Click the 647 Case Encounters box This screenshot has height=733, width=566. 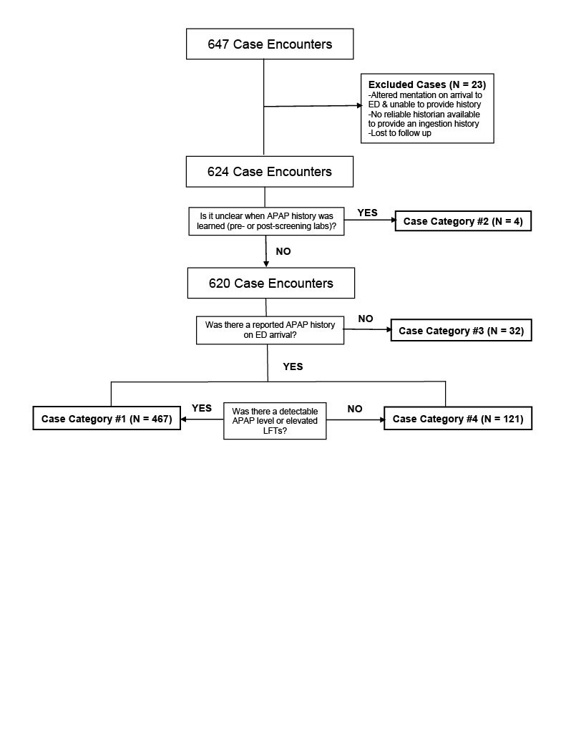point(270,44)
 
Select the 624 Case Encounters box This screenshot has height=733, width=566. point(270,172)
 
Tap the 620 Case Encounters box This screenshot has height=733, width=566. point(271,283)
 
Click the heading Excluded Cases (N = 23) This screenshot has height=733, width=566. point(427,84)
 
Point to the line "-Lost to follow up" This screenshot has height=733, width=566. point(399,133)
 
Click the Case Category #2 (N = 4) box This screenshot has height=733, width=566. point(463,221)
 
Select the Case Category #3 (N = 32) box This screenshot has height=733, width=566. point(462,331)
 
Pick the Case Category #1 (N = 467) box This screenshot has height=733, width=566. point(107,418)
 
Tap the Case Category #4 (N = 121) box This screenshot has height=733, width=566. point(458,418)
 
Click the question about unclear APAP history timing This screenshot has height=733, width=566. point(266,221)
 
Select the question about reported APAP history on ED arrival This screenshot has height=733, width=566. point(270,330)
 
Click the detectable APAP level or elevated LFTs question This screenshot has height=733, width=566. point(275,421)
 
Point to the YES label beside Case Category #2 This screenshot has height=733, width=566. point(367,213)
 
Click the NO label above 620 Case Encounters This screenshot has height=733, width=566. point(283,251)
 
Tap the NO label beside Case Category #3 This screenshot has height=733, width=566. point(366,319)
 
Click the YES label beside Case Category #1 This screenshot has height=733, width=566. point(202,408)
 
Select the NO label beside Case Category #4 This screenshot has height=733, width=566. point(355,409)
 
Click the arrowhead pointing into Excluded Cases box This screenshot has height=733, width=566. point(359,106)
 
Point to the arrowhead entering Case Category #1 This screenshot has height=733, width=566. point(184,419)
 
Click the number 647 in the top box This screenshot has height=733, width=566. point(218,44)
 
